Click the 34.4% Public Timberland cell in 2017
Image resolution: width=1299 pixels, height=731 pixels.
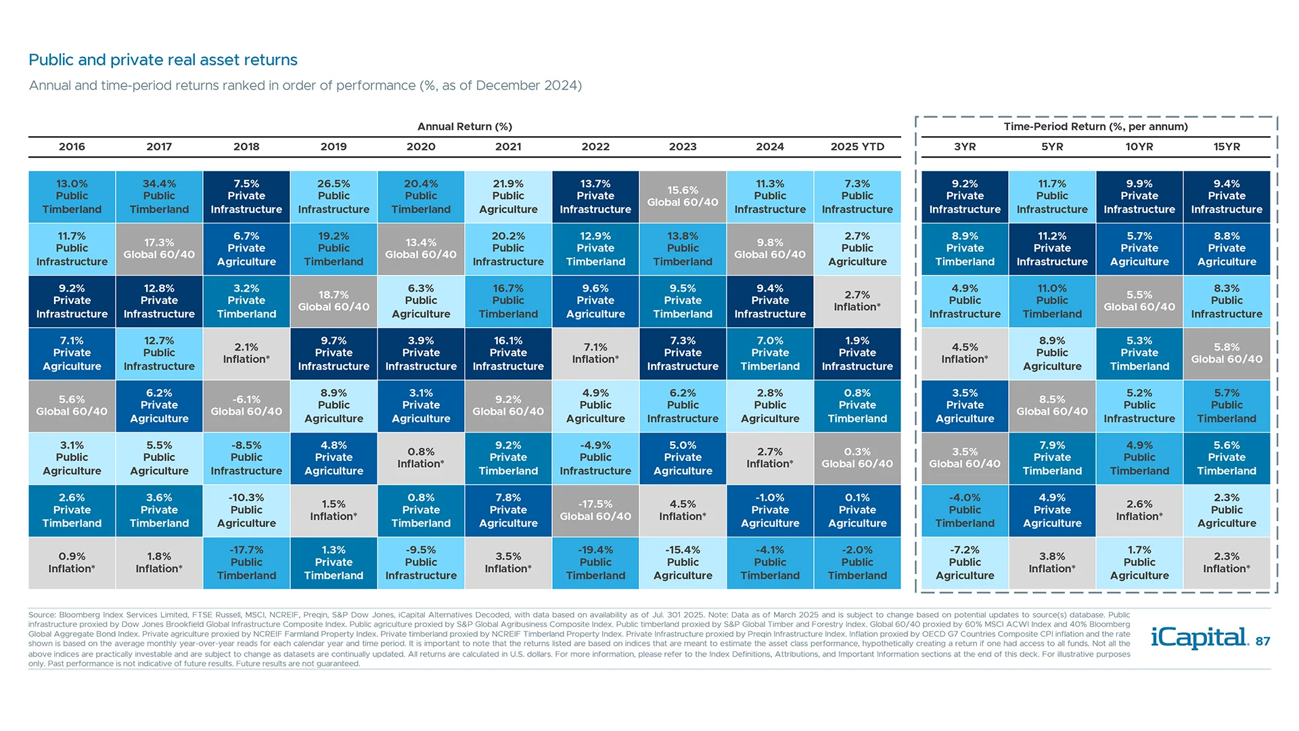159,196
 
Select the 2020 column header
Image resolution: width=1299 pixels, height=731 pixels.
421,146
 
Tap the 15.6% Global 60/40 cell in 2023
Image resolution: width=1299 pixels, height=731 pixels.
683,196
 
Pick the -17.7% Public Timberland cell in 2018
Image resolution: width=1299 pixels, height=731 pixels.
246,562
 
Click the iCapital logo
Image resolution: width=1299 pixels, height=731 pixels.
1199,638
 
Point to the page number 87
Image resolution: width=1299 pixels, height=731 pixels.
1262,642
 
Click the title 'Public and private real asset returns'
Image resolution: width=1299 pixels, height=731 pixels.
162,60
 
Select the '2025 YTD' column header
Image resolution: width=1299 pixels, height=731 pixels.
857,146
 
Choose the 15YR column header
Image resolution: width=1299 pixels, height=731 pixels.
1227,146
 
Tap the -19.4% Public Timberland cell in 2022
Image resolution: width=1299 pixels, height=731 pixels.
595,562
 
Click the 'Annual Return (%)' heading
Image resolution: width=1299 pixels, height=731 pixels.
464,127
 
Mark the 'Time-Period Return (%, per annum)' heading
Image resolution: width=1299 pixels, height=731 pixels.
1095,127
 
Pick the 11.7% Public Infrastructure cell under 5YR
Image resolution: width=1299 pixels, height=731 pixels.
1052,196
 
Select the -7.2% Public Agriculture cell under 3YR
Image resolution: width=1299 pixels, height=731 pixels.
965,562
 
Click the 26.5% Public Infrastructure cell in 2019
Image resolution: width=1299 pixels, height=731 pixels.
334,196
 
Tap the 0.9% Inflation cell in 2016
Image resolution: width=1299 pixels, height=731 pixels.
72,562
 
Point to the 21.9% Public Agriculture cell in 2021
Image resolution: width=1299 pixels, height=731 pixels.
508,196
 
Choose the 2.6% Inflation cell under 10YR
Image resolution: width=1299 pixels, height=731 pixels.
1139,510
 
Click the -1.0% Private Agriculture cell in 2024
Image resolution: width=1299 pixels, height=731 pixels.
770,510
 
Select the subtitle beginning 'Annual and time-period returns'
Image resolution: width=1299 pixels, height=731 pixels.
304,85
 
